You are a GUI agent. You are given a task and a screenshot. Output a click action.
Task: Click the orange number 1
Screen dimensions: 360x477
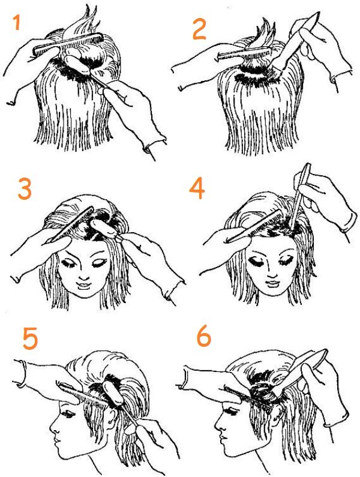tap(17, 23)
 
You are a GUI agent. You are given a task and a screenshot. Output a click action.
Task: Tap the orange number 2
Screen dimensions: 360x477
tap(200, 29)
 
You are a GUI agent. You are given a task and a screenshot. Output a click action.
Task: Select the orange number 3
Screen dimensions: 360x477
tap(25, 188)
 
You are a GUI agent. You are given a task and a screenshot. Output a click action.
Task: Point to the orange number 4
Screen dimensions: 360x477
tap(197, 188)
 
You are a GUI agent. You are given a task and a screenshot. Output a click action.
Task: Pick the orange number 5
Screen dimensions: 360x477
tap(30, 338)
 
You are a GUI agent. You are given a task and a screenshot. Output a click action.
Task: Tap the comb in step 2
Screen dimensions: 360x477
tap(244, 53)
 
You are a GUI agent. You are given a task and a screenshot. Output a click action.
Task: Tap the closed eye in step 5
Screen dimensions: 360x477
tap(69, 414)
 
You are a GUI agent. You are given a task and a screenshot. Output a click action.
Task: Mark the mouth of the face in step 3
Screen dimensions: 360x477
tap(84, 286)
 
